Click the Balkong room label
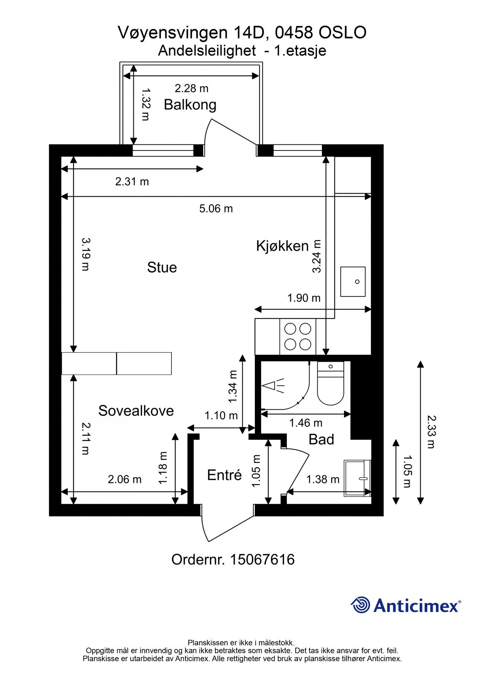tap(190, 104)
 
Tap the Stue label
tap(162, 268)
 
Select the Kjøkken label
tap(282, 246)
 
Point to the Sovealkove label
tap(136, 411)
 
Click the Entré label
tap(224, 475)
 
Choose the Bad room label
tap(321, 439)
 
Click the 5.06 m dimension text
tap(216, 209)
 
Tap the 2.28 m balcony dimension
tap(191, 88)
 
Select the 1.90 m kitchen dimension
tap(304, 298)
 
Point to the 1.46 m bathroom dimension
tap(306, 423)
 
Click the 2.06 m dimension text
tap(125, 479)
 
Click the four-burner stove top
tap(298, 337)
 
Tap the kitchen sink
tap(353, 282)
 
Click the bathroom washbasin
tap(357, 478)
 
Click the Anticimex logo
tap(405, 605)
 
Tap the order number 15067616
tap(262, 560)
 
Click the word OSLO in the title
tap(342, 33)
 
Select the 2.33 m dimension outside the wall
tap(431, 431)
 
